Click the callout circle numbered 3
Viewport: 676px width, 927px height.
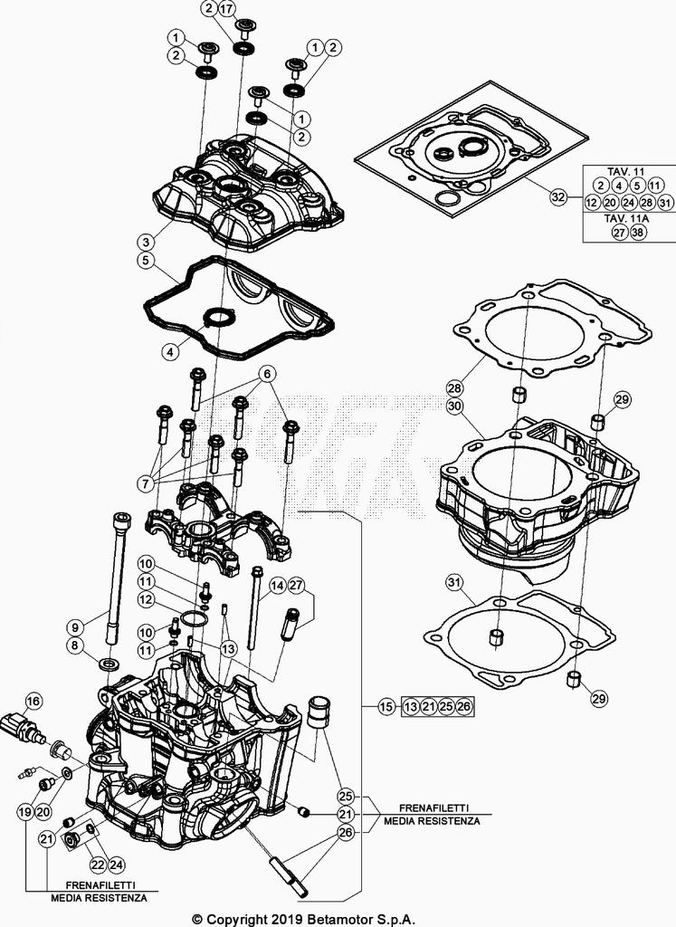[146, 242]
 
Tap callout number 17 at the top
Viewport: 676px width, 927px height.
[226, 10]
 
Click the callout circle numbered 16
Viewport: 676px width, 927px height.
[33, 701]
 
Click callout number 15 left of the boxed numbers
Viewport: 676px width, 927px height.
[386, 706]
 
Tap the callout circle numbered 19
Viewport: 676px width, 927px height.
[25, 812]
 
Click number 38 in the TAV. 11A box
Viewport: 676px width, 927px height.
[639, 233]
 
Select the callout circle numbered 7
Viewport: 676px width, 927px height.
[145, 483]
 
